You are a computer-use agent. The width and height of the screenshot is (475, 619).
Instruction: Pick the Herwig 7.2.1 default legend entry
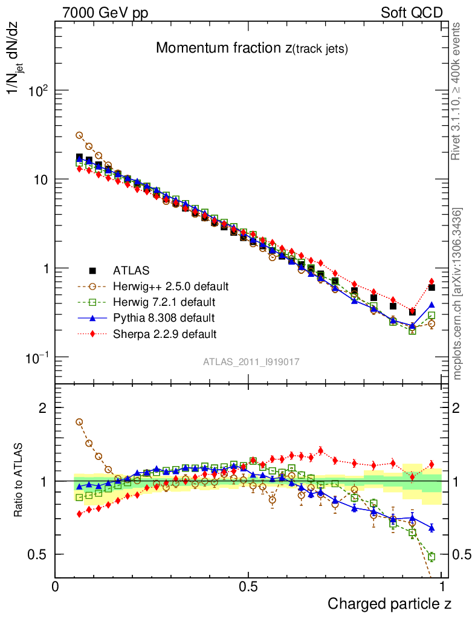pyautogui.click(x=164, y=302)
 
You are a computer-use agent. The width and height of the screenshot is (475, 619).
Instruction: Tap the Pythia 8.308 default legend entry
pyautogui.click(x=163, y=317)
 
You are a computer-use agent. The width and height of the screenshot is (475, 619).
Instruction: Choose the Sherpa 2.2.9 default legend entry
pyautogui.click(x=164, y=333)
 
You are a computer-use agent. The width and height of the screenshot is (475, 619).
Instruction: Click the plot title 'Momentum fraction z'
pyautogui.click(x=251, y=48)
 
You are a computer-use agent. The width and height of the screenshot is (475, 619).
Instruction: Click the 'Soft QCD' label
pyautogui.click(x=412, y=13)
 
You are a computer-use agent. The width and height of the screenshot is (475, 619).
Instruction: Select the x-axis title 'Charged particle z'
pyautogui.click(x=390, y=603)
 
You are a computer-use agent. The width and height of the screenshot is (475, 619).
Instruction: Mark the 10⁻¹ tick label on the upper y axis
pyautogui.click(x=35, y=357)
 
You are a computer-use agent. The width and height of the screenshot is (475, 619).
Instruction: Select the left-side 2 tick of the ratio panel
pyautogui.click(x=43, y=408)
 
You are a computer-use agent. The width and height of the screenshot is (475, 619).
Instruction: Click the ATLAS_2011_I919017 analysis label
pyautogui.click(x=251, y=361)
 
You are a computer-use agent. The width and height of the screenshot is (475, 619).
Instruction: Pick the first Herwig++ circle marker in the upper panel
pyautogui.click(x=79, y=135)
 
